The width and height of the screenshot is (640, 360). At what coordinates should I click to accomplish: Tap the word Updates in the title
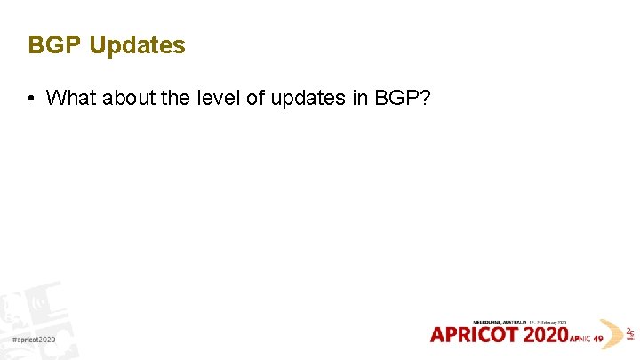(x=138, y=46)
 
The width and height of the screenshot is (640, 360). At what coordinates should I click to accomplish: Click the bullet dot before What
(x=31, y=98)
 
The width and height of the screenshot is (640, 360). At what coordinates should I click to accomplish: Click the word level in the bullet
(x=218, y=98)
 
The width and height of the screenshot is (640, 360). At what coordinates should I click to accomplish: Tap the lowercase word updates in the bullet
(x=308, y=99)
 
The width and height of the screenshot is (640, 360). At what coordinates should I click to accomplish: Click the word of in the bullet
(x=255, y=98)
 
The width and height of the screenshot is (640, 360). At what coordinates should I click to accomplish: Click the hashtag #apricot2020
(x=34, y=340)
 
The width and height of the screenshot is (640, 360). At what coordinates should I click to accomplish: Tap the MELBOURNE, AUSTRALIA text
(x=500, y=321)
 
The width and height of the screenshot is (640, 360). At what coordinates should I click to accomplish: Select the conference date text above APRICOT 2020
(x=549, y=321)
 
